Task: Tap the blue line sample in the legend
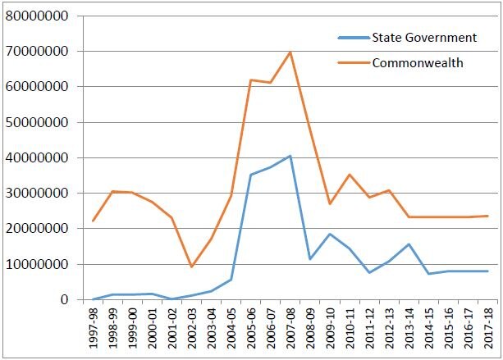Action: click(x=354, y=38)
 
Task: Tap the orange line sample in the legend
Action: click(x=354, y=63)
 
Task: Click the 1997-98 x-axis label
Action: click(x=94, y=328)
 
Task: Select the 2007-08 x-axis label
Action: click(x=290, y=328)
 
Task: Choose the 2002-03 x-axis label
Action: click(x=192, y=328)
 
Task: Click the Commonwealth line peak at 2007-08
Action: click(x=290, y=52)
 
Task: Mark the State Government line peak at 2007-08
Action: click(x=290, y=156)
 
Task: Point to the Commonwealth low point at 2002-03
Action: click(x=192, y=267)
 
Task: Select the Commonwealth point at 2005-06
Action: click(x=251, y=80)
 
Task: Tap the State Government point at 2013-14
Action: click(x=409, y=244)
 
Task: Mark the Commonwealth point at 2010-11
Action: click(x=350, y=175)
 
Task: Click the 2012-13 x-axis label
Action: click(x=389, y=328)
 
